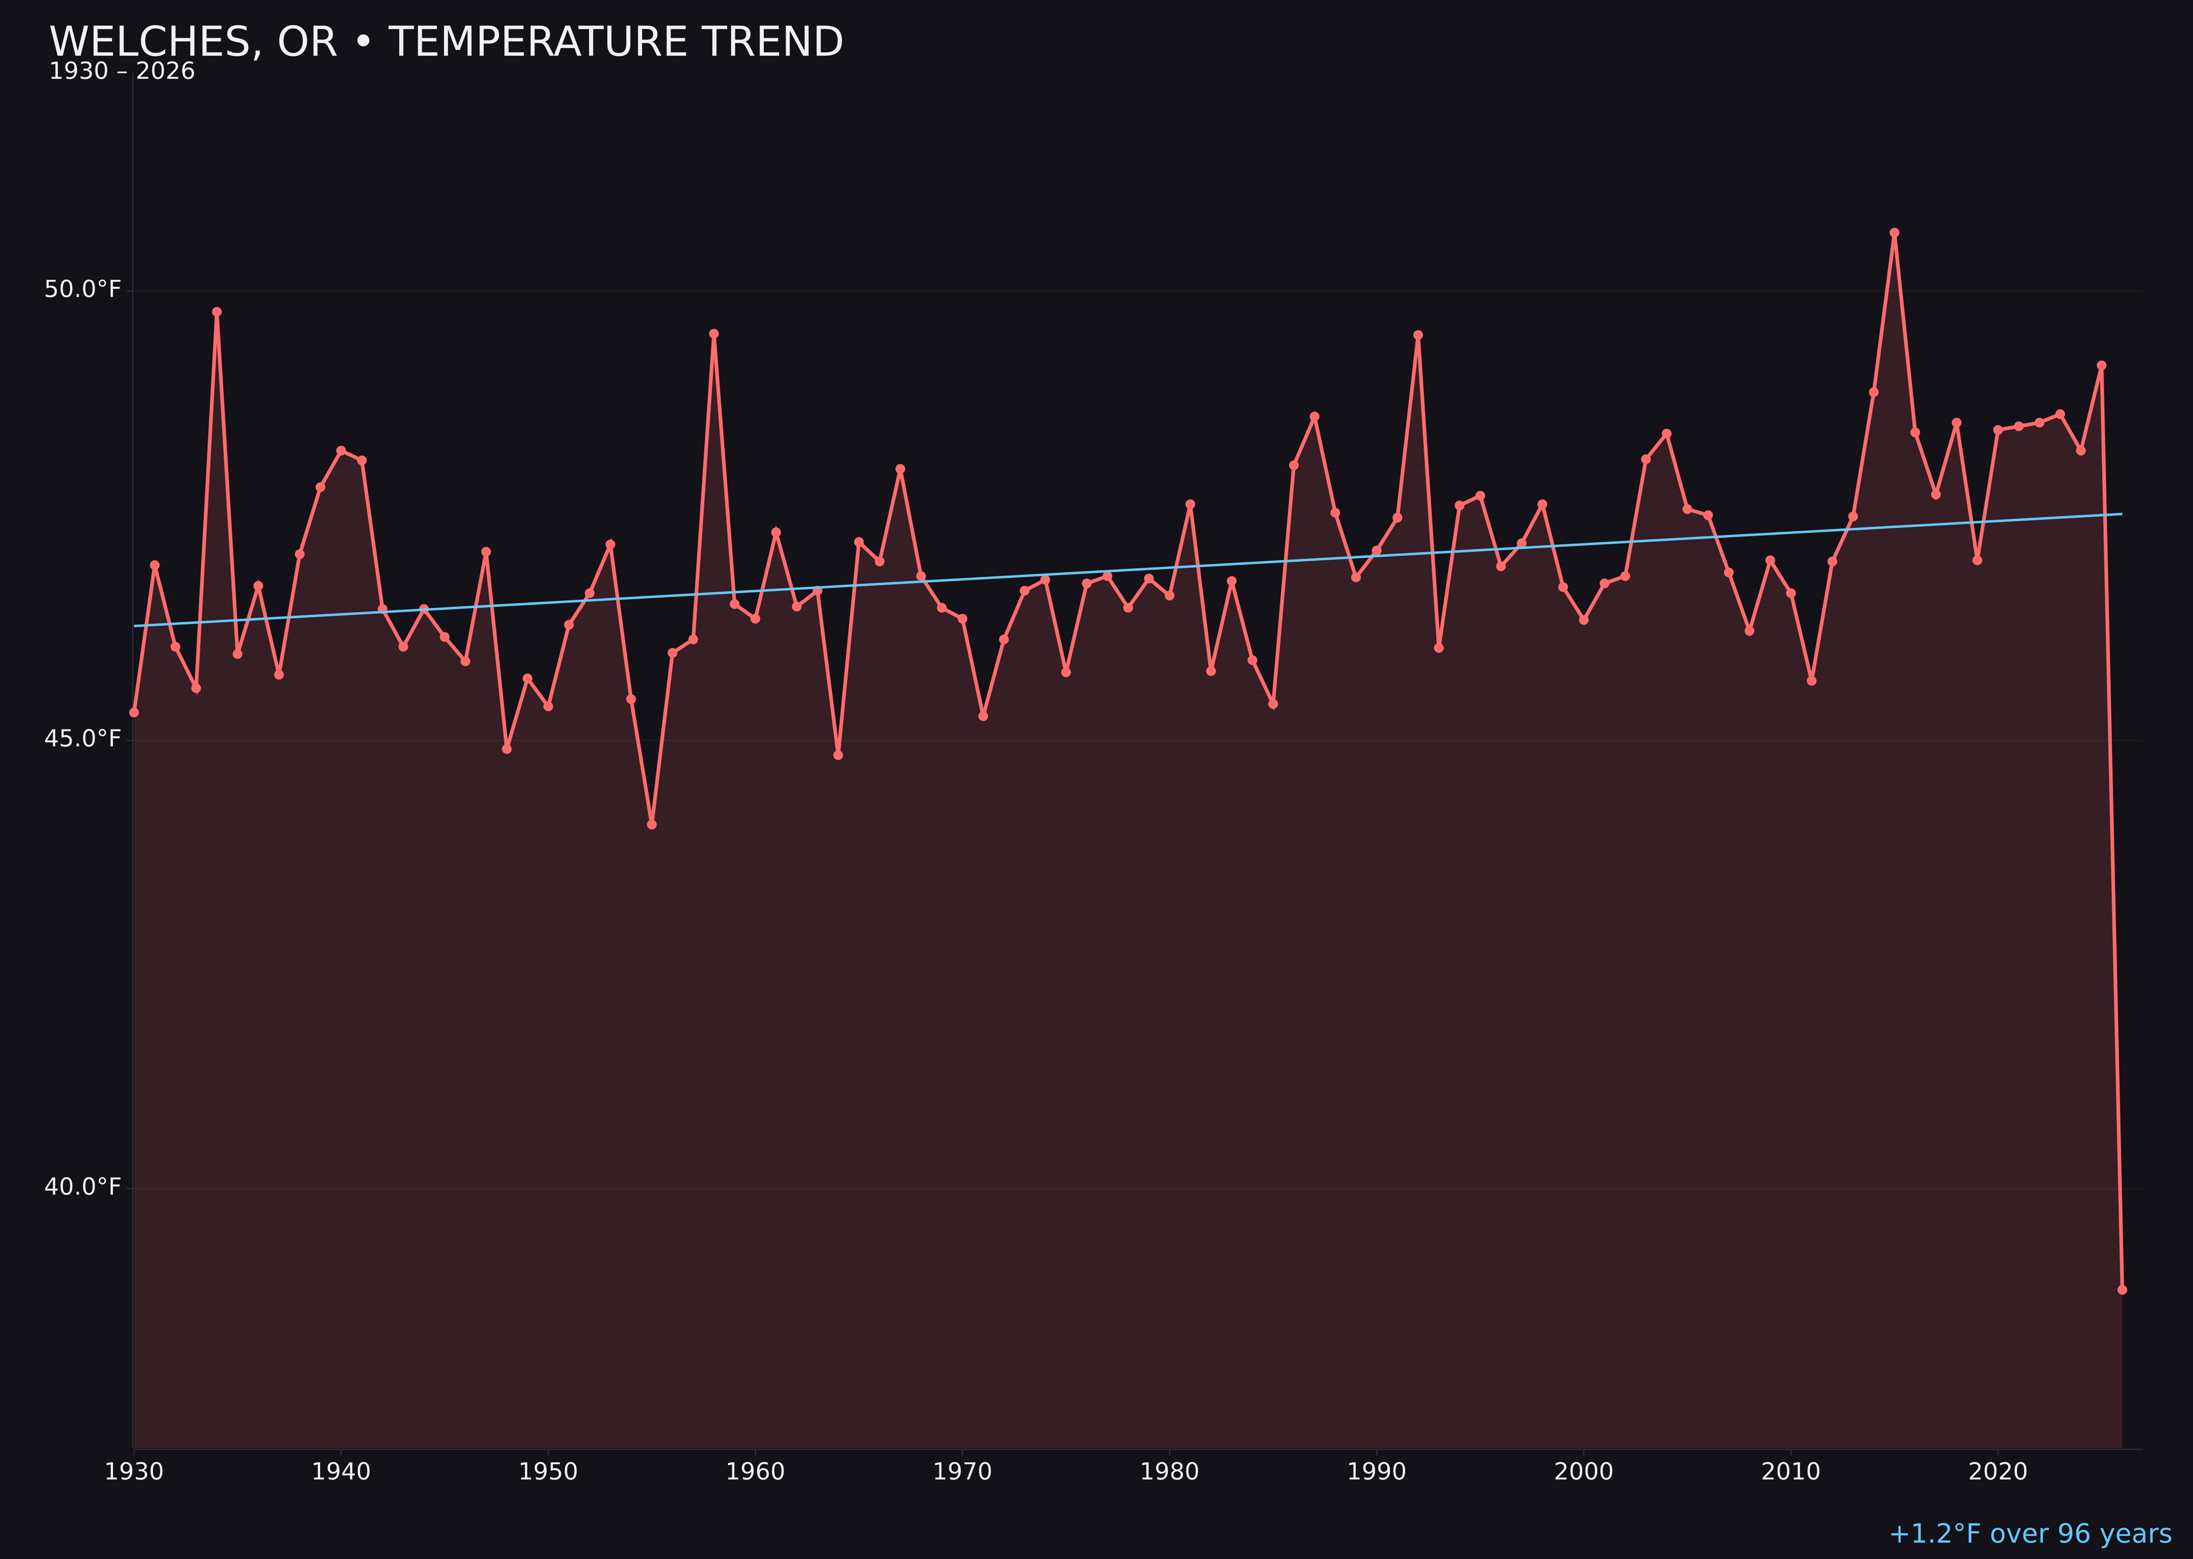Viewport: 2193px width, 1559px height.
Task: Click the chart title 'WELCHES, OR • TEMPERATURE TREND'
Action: click(x=446, y=42)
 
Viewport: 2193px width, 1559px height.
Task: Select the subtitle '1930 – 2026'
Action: click(x=122, y=72)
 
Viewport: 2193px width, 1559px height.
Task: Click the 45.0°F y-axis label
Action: click(x=83, y=738)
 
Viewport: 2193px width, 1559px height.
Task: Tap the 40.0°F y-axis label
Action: click(x=83, y=1187)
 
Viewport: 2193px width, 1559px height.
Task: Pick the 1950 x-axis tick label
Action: click(x=548, y=1472)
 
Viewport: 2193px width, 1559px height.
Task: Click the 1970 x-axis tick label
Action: click(x=962, y=1472)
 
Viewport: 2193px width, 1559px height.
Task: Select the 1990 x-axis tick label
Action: click(x=1377, y=1472)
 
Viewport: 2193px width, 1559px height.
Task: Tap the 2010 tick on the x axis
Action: click(x=1791, y=1472)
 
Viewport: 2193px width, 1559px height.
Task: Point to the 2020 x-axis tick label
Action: click(x=1998, y=1472)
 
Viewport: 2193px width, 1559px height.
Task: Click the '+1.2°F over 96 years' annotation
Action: click(x=2030, y=1534)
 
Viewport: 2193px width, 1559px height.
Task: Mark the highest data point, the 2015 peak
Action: click(x=1894, y=232)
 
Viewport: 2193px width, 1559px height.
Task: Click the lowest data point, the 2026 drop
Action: click(x=2122, y=1289)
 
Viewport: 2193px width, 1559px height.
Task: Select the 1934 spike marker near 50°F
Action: click(x=217, y=312)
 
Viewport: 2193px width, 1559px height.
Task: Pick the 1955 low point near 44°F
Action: click(x=652, y=824)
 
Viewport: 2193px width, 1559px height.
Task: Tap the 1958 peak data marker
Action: click(x=713, y=334)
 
